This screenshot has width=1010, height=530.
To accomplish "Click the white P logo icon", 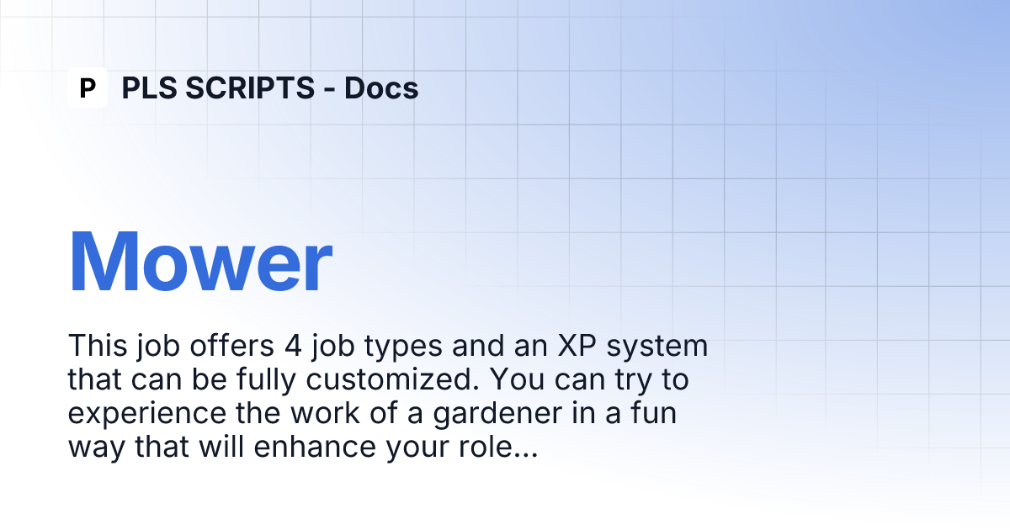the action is pos(88,87).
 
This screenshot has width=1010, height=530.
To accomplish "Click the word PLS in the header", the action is pos(151,87).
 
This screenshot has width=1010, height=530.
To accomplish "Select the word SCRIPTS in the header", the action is pos(250,87).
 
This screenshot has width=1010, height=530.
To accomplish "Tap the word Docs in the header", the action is pos(381,87).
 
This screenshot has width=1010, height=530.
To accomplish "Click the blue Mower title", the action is pos(200,262).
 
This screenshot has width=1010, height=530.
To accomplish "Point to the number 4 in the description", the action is pos(293,346).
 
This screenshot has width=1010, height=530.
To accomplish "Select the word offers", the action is pos(231,346).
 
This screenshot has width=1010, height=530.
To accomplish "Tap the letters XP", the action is pos(577,346).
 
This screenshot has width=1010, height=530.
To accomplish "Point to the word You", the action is pos(517,379).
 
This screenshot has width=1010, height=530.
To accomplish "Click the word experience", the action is pos(147,415).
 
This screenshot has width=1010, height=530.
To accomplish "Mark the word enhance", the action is pos(315,447).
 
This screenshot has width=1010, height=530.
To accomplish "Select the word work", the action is pos(325,413).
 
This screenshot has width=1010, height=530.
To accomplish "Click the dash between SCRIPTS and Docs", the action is pos(330,89).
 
